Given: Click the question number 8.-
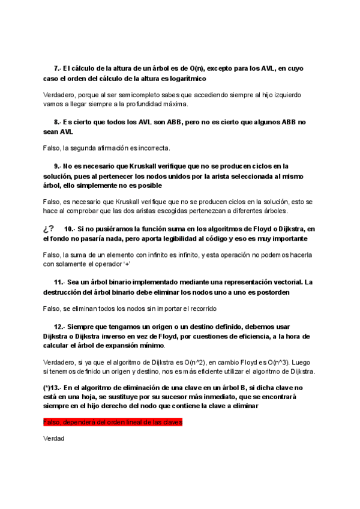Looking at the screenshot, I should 58,122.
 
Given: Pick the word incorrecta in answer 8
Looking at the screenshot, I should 154,148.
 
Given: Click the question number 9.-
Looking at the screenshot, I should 58,166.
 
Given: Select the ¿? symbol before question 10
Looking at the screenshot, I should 49,228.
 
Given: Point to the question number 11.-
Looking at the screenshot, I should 59,282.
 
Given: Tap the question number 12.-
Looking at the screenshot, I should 59,327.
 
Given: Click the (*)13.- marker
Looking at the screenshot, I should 55,387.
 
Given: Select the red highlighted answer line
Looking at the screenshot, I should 113,423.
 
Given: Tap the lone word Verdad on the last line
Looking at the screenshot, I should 54,439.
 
